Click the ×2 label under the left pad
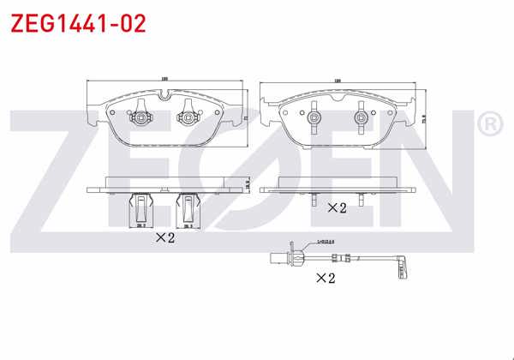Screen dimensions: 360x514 point(164,238)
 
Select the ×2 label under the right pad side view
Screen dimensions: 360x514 point(337,207)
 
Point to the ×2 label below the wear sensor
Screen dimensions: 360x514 point(326,277)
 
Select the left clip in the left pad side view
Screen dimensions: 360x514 point(139,207)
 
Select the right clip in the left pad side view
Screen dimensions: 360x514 point(186,207)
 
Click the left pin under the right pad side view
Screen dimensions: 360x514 point(315,203)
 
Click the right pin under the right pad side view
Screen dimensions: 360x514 point(361,203)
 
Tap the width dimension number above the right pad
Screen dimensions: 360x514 point(338,80)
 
